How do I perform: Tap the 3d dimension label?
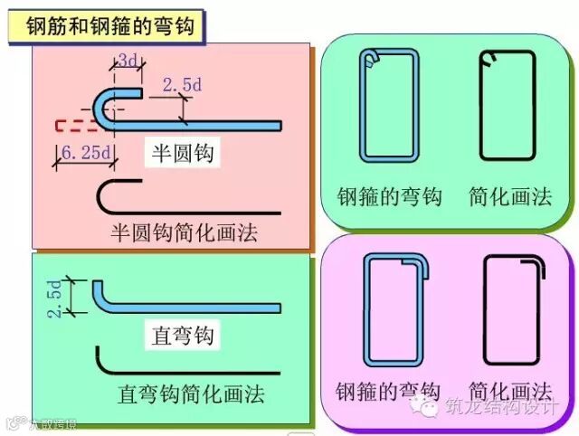click(128, 62)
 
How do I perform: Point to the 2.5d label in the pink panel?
click(181, 85)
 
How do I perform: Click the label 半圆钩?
click(180, 154)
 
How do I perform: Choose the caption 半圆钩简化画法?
click(184, 232)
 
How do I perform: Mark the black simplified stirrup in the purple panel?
click(513, 308)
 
